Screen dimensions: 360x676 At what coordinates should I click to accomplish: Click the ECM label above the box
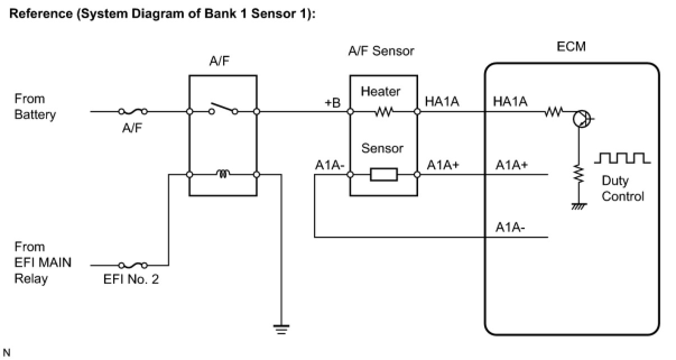pos(571,47)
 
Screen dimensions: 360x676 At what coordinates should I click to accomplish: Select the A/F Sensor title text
pos(381,51)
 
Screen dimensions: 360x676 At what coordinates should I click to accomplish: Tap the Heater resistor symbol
pos(383,111)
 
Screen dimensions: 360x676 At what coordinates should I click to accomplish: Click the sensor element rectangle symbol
pos(383,175)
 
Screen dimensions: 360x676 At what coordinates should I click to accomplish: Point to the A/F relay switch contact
pos(223,108)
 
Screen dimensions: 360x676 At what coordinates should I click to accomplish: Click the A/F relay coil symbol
pos(223,175)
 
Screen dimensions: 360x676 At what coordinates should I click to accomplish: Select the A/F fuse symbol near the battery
pos(133,111)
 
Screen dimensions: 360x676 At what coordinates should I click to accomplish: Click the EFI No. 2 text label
pos(131,279)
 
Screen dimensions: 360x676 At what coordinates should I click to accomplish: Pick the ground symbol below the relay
pos(281,330)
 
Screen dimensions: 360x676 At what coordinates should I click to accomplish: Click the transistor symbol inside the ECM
pos(581,118)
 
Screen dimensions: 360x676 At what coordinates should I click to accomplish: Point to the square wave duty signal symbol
pos(622,159)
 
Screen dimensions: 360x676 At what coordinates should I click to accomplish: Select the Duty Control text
pos(623,188)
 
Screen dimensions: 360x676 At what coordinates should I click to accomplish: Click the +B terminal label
pos(332,103)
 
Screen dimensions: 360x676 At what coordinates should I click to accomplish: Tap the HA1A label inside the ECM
pos(510,101)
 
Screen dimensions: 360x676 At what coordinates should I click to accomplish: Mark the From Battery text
pos(35,107)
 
